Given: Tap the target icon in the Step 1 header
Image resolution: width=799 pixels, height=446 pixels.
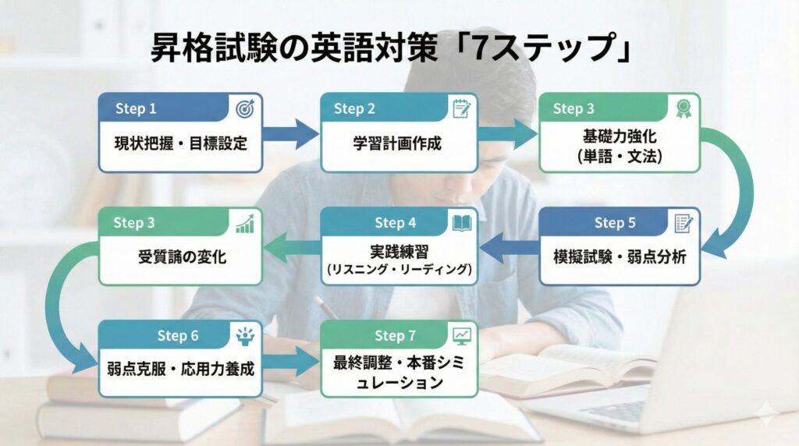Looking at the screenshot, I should (243, 108).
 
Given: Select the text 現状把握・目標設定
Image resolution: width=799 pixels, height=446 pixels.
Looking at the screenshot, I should (180, 143).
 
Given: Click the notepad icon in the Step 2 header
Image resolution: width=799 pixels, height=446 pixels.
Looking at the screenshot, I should (461, 108).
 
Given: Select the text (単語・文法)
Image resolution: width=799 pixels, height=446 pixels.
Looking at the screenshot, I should (620, 156).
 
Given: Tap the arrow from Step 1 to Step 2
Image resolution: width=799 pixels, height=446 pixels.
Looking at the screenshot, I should (290, 134).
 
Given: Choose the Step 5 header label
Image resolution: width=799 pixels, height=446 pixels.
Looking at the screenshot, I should (615, 223).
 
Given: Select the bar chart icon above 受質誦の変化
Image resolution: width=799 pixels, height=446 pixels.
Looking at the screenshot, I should (244, 223).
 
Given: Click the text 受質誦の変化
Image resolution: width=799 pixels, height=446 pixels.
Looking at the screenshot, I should (180, 257).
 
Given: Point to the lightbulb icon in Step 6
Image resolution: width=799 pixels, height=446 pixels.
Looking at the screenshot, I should (243, 336).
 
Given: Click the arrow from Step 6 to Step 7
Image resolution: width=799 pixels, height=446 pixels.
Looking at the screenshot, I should (290, 361).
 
